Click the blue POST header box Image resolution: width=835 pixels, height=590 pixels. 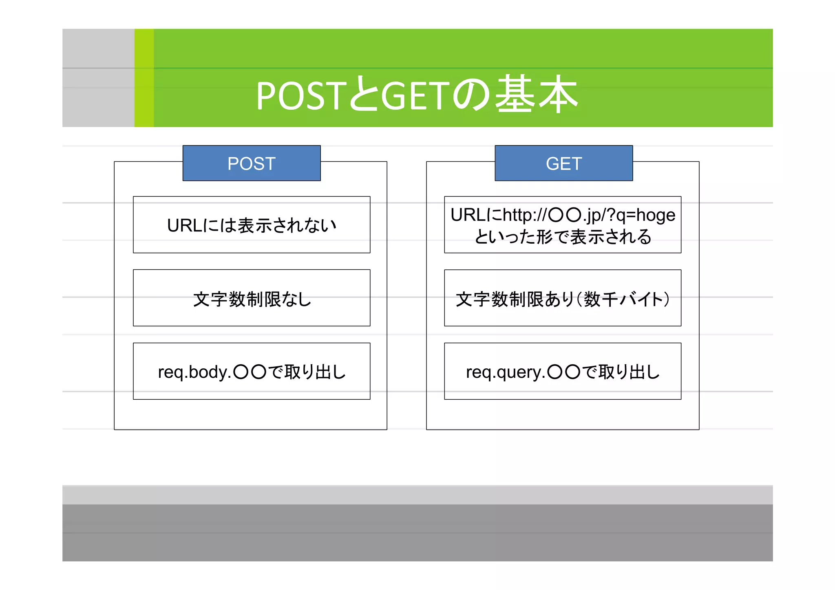click(x=252, y=163)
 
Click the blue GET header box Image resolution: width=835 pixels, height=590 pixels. click(x=563, y=163)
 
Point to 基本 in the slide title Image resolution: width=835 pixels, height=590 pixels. click(x=536, y=95)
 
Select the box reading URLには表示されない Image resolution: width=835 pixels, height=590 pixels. click(x=252, y=225)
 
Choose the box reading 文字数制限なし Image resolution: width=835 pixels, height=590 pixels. click(x=252, y=298)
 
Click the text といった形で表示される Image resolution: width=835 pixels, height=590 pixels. click(x=563, y=237)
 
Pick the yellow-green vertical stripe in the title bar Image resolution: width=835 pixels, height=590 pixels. click(x=144, y=78)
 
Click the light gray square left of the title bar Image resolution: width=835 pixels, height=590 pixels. click(x=98, y=78)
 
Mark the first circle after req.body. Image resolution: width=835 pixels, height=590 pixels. click(x=241, y=372)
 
